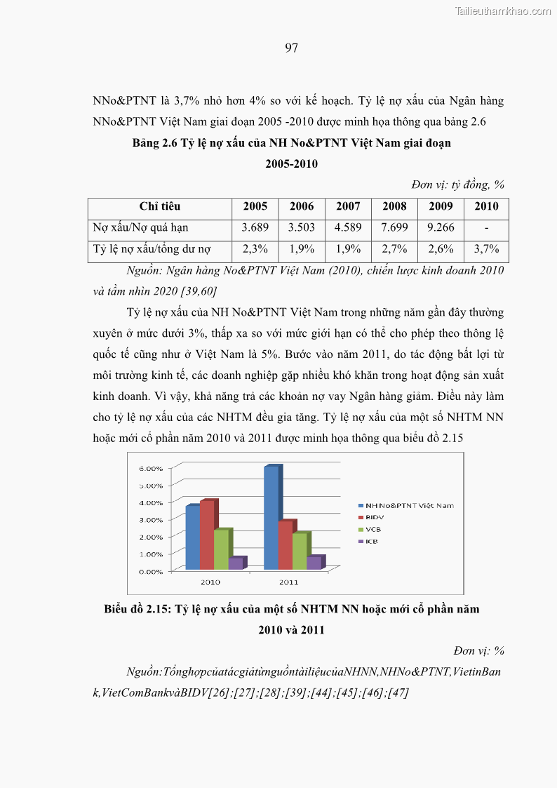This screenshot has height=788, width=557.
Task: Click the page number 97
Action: pyautogui.click(x=292, y=48)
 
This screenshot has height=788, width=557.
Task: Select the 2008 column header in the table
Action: pyautogui.click(x=394, y=206)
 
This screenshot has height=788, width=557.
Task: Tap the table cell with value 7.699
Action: pyautogui.click(x=394, y=227)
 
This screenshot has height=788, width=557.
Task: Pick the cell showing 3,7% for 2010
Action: pyautogui.click(x=486, y=249)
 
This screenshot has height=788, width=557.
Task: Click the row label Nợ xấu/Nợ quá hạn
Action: pyautogui.click(x=140, y=227)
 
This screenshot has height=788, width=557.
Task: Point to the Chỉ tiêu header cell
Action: pyautogui.click(x=159, y=206)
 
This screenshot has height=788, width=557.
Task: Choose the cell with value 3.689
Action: pyautogui.click(x=255, y=227)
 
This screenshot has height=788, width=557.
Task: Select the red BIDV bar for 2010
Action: pyautogui.click(x=207, y=535)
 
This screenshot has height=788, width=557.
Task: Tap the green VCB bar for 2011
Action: pyautogui.click(x=300, y=552)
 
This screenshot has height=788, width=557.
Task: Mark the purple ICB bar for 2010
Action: pyautogui.click(x=235, y=563)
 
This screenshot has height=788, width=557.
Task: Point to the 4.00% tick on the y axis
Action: pyautogui.click(x=150, y=502)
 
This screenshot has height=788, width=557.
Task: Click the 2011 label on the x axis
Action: pyautogui.click(x=288, y=582)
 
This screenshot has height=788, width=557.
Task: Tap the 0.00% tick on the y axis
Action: pyautogui.click(x=150, y=571)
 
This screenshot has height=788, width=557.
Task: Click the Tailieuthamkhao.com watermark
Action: pyautogui.click(x=503, y=11)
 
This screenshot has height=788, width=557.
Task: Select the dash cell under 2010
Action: pyautogui.click(x=486, y=227)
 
